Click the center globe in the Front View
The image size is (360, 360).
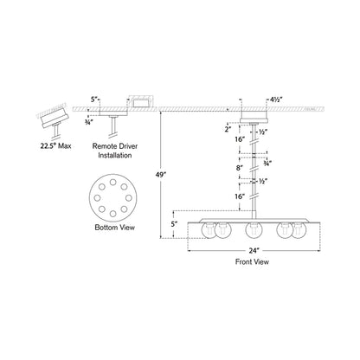[254, 231]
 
